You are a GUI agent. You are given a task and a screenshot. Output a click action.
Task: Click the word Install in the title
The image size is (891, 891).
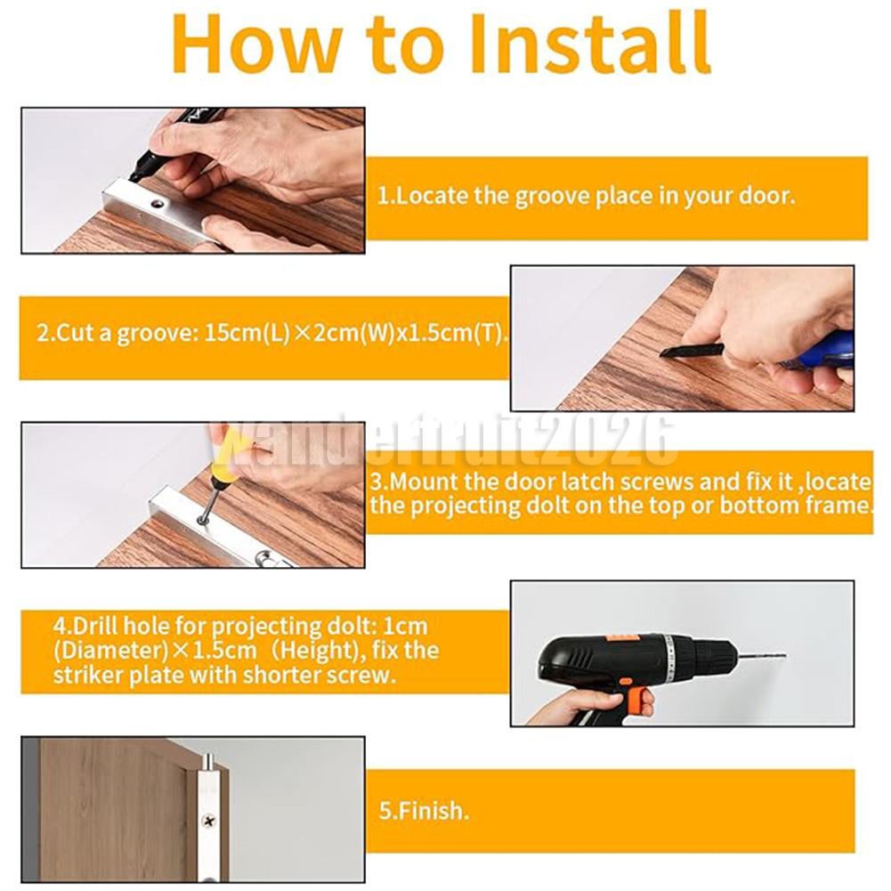[590, 44]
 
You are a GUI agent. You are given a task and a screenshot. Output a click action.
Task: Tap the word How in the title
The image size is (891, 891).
[257, 44]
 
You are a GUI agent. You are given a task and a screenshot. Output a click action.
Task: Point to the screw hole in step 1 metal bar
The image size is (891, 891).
[156, 202]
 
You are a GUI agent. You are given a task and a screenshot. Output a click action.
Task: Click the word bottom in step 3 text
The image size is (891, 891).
[755, 506]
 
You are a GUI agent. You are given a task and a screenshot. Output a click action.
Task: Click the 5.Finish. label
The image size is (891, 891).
[424, 810]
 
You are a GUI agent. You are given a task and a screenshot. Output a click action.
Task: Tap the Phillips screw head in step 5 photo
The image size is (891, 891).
[209, 820]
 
